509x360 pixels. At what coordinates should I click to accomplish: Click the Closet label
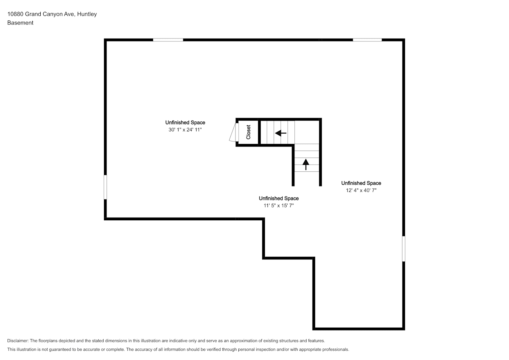coord(248,132)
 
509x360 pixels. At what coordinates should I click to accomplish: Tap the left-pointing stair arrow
coord(281,133)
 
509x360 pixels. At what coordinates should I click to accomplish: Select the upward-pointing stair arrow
coord(306,165)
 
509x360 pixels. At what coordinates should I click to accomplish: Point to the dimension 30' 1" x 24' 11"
coord(185,130)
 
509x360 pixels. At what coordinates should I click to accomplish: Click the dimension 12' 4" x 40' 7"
coord(361,190)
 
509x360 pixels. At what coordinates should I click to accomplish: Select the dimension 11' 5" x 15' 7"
coord(279,206)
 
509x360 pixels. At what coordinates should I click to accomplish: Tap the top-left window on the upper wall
coord(168,40)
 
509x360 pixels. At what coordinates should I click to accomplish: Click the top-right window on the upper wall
coord(367,40)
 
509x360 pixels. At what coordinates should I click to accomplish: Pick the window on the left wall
coord(105,187)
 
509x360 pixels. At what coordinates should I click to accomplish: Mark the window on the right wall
coord(404,249)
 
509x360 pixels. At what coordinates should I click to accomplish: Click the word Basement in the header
coord(20,23)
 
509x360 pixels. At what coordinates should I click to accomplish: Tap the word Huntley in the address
coord(87,14)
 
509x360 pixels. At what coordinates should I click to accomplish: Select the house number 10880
coord(15,14)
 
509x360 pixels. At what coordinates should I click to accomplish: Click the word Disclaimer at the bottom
coord(18,341)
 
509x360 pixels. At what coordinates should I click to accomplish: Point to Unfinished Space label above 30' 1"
coord(185,122)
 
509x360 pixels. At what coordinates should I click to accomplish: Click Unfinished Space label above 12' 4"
coord(361,183)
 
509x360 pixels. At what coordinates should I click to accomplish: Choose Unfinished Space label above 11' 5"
coord(279,198)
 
